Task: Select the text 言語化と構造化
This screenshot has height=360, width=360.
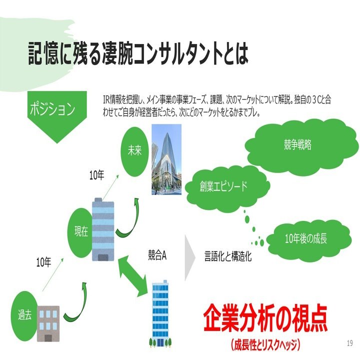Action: (x=227, y=256)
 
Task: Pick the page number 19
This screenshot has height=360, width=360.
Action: (x=349, y=343)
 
